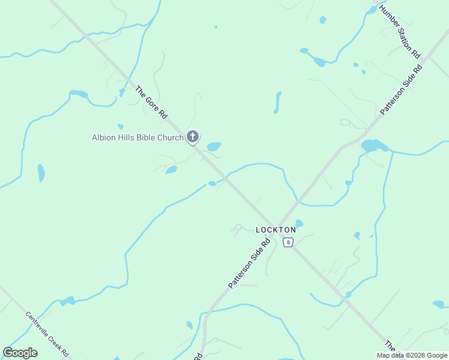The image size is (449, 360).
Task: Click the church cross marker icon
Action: (x=193, y=137)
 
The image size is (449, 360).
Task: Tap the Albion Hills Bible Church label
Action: (x=137, y=137)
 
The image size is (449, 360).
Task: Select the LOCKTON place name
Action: (x=276, y=230)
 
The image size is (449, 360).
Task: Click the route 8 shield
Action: (x=289, y=242)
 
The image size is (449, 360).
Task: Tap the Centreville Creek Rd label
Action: (x=47, y=333)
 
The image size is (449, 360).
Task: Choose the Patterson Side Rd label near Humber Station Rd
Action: (x=402, y=90)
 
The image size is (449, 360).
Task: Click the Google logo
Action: (x=20, y=353)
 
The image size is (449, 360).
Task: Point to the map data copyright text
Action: (x=412, y=355)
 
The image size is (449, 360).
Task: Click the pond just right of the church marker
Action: (x=214, y=146)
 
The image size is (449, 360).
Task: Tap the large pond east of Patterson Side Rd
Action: (x=374, y=145)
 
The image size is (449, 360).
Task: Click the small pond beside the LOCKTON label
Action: (x=299, y=223)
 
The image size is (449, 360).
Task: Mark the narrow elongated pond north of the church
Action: (x=277, y=102)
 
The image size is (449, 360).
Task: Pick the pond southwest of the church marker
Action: (x=171, y=170)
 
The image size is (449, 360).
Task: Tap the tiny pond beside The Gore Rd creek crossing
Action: (x=212, y=183)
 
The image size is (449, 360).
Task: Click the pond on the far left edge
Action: (x=41, y=173)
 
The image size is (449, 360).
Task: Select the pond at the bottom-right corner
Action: (x=438, y=304)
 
